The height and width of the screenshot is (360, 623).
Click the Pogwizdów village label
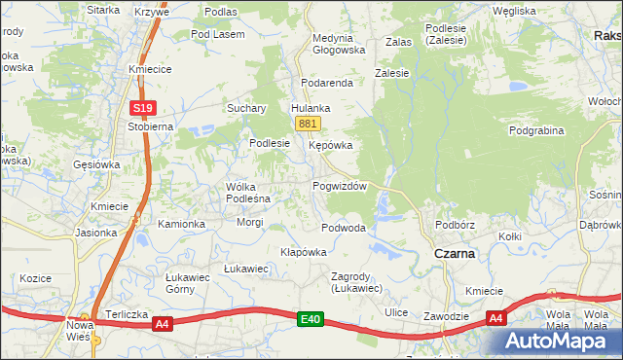tap(339, 186)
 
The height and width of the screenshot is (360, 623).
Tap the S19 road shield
tap(143, 108)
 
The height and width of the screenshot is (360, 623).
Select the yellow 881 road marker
tap(308, 124)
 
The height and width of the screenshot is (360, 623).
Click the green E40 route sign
tap(310, 318)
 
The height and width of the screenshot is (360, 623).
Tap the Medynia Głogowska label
tap(338, 44)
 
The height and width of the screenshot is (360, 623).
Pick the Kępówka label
tap(330, 145)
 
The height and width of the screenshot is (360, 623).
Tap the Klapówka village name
tap(303, 251)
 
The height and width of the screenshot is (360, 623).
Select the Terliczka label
tap(125, 303)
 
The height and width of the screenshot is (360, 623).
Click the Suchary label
tap(246, 108)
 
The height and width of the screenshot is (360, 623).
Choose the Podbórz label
tap(455, 225)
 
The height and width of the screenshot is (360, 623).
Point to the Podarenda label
tap(326, 83)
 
